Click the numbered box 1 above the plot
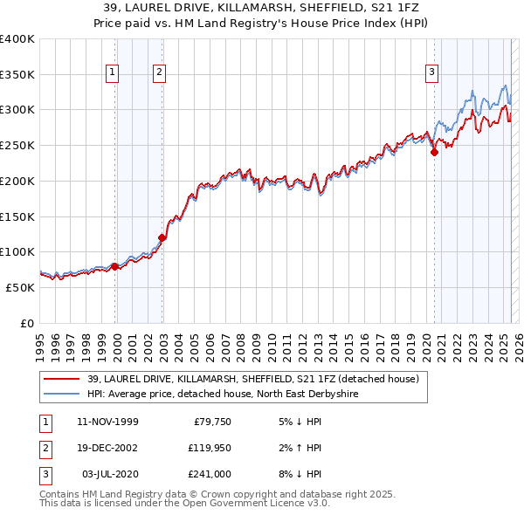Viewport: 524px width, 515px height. pos(114,72)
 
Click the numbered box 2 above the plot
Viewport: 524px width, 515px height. pos(159,72)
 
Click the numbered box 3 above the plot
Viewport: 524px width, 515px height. pos(432,72)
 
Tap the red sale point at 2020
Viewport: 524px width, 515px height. pos(434,152)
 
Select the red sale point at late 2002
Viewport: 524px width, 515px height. pos(162,237)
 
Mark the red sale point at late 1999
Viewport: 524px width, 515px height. pos(115,266)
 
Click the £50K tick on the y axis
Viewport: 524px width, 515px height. pos(20,287)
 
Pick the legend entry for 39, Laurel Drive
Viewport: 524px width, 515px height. pos(253,379)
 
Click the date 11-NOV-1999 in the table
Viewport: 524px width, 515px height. pos(107,421)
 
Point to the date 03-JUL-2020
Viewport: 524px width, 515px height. pos(107,474)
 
